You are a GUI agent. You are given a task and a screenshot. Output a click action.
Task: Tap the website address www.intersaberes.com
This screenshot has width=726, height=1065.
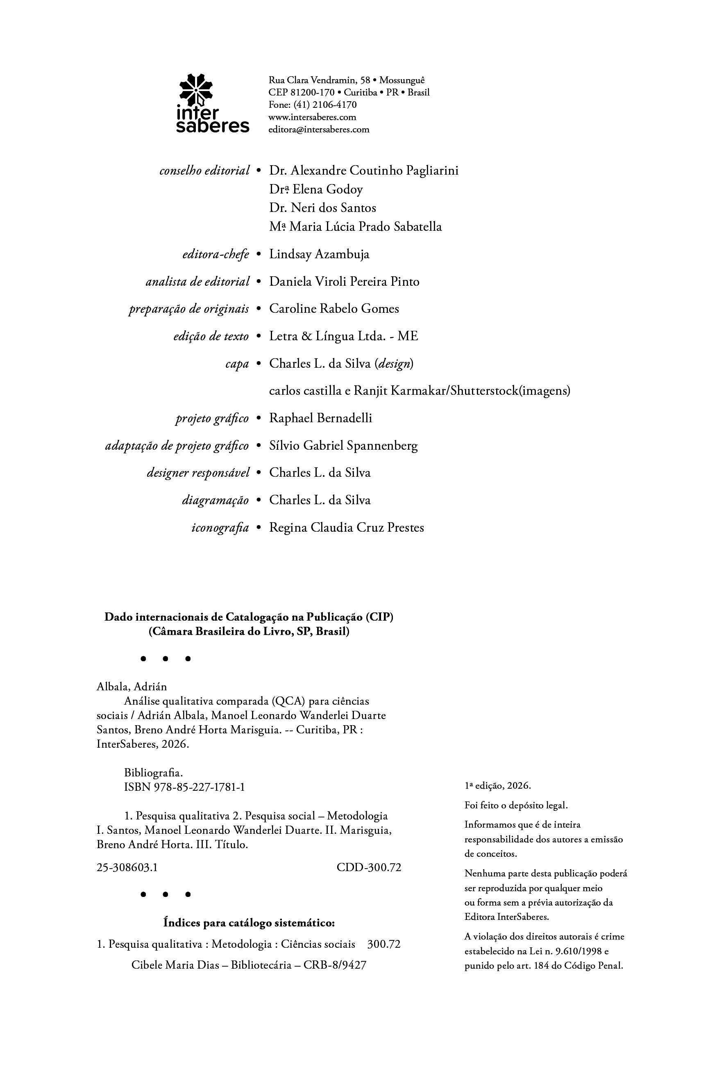(312, 117)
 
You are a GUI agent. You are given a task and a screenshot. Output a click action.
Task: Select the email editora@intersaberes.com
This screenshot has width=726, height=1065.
(318, 130)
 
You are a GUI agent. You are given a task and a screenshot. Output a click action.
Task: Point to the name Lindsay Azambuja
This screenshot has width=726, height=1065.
(319, 254)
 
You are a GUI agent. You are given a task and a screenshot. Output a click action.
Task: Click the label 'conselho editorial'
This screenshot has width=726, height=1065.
(204, 171)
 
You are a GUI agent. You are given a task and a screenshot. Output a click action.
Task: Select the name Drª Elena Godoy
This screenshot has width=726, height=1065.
(316, 190)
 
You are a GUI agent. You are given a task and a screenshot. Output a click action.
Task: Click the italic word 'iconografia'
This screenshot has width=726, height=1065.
(220, 528)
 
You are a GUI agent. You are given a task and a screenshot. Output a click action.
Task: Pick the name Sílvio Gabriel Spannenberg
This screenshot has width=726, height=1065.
(343, 446)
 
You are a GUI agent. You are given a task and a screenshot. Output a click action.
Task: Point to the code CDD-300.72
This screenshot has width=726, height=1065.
(369, 867)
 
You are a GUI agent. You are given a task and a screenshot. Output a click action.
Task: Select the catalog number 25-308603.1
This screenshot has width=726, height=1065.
(127, 867)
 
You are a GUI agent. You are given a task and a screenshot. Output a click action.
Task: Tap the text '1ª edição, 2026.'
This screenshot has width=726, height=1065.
(497, 785)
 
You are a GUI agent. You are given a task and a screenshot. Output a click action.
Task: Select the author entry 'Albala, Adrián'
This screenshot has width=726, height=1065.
(132, 687)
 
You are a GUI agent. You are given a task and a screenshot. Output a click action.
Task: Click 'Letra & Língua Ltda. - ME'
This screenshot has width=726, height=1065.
(343, 337)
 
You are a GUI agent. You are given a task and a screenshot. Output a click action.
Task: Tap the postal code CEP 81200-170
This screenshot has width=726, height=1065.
(302, 93)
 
